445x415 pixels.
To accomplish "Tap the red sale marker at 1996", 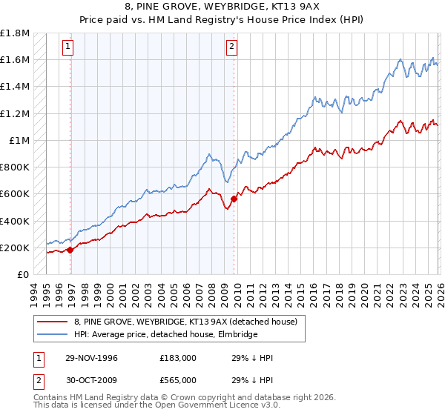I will (x=70, y=250).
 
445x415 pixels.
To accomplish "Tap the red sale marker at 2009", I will (x=234, y=199).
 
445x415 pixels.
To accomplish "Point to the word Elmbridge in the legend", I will (x=235, y=334).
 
